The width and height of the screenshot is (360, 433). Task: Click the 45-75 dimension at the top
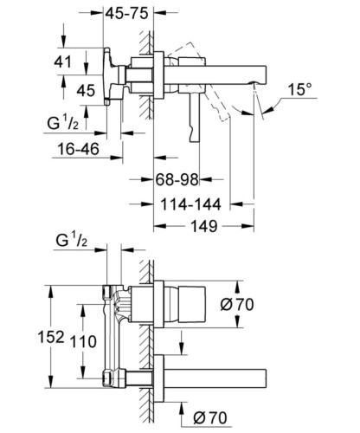pyautogui.click(x=126, y=13)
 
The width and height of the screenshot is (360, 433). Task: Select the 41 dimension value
pyautogui.click(x=62, y=61)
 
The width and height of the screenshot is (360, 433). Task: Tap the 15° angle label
pyautogui.click(x=299, y=89)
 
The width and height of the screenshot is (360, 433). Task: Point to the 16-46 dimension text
pyautogui.click(x=78, y=149)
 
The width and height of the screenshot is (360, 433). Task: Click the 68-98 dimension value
pyautogui.click(x=177, y=179)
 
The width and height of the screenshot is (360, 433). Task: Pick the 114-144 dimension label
pyautogui.click(x=190, y=204)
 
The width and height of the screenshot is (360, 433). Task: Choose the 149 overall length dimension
pyautogui.click(x=204, y=226)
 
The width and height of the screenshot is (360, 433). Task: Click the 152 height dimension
pyautogui.click(x=51, y=337)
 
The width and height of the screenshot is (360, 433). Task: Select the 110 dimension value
pyautogui.click(x=83, y=341)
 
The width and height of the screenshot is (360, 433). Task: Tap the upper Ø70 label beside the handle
pyautogui.click(x=237, y=305)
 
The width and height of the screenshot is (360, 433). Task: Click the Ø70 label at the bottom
pyautogui.click(x=210, y=417)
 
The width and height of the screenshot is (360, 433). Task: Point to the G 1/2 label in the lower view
pyautogui.click(x=71, y=241)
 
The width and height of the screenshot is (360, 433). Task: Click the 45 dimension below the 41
pyautogui.click(x=86, y=91)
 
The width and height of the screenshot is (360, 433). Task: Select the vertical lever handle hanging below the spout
pyautogui.click(x=195, y=118)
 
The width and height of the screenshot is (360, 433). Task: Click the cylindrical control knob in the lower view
pyautogui.click(x=192, y=305)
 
